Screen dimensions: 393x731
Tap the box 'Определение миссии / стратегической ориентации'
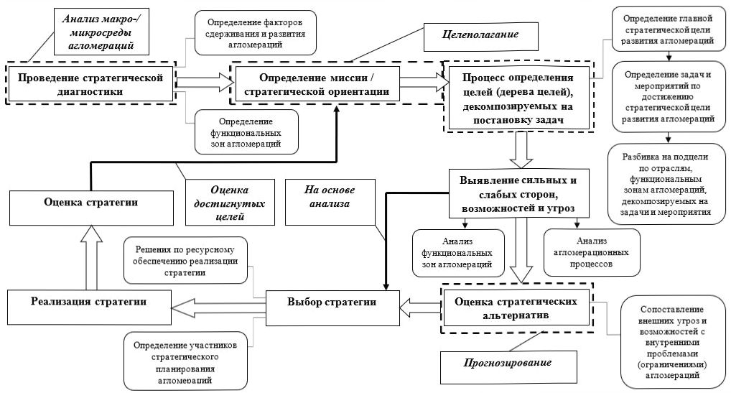(336, 83)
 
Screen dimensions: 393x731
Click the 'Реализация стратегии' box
(90, 302)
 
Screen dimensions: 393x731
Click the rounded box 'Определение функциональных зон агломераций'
(246, 133)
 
